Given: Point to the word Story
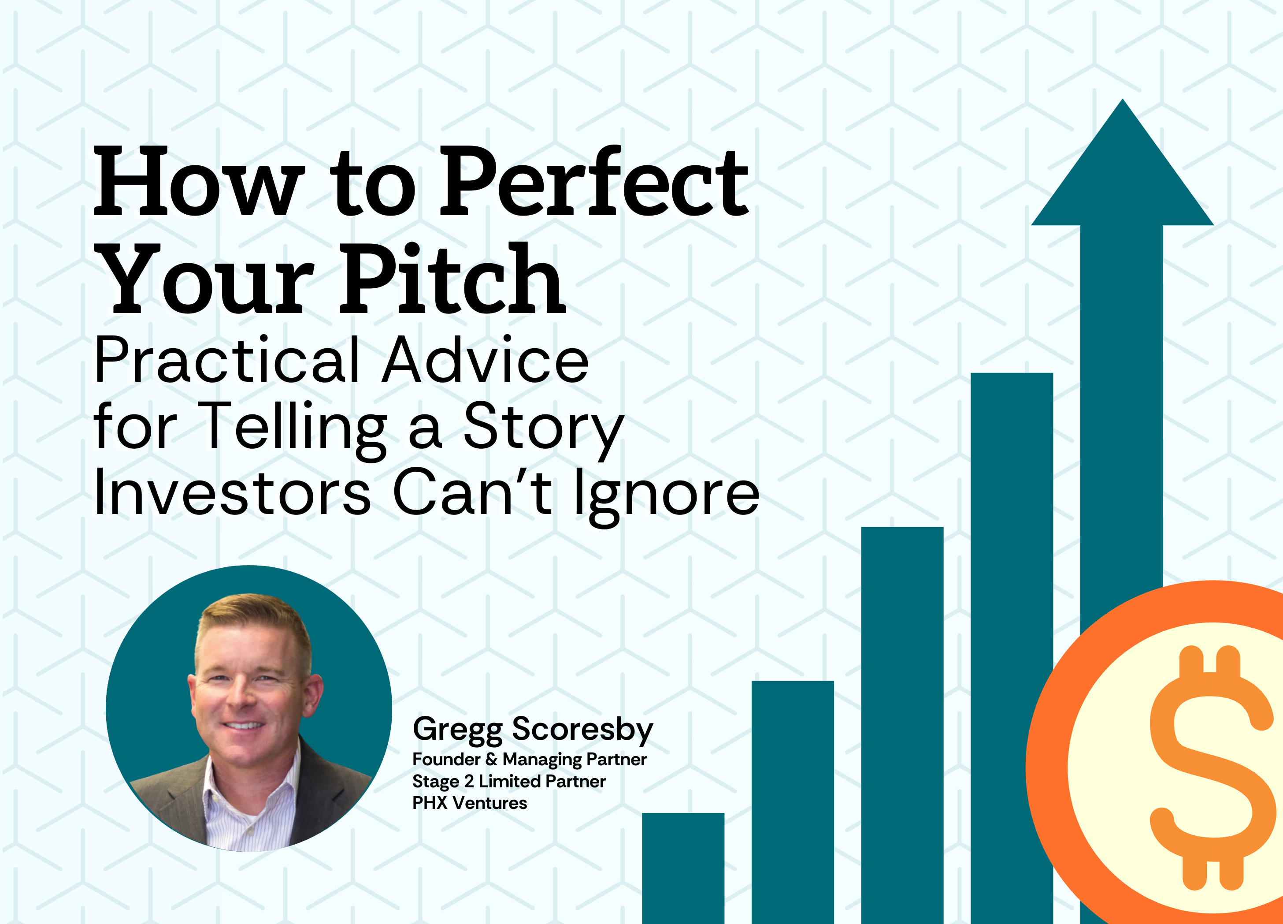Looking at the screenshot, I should click(x=543, y=428).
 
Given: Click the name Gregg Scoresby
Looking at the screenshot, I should click(x=532, y=729).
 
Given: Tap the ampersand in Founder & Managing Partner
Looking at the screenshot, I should click(x=491, y=759).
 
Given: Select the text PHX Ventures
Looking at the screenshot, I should click(x=470, y=803).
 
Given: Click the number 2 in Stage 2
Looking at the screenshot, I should click(x=468, y=781).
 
